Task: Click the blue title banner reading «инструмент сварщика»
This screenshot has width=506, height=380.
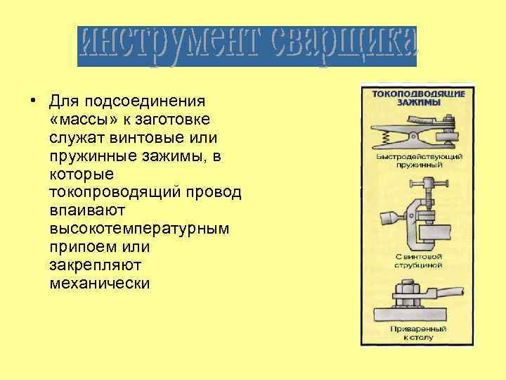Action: point(247,46)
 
